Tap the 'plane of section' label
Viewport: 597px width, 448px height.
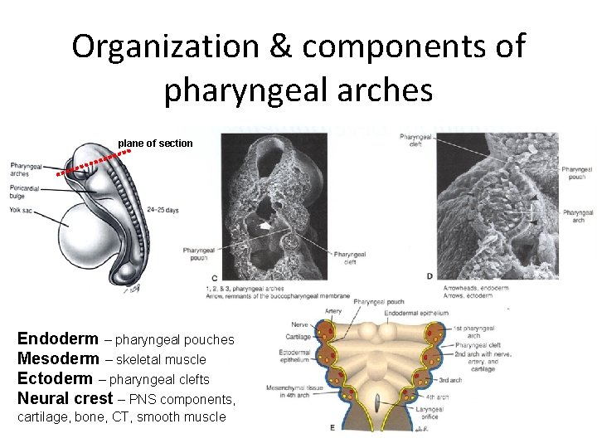click(x=155, y=144)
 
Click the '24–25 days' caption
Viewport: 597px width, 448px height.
click(x=162, y=210)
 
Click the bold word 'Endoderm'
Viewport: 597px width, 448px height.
click(x=57, y=339)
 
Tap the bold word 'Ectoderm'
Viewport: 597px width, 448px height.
click(x=55, y=379)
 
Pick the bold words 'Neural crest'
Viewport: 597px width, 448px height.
click(x=66, y=398)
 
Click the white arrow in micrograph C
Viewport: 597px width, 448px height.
click(x=265, y=225)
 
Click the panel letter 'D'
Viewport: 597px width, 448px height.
click(x=430, y=275)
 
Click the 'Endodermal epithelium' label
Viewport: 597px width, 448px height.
click(x=428, y=314)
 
